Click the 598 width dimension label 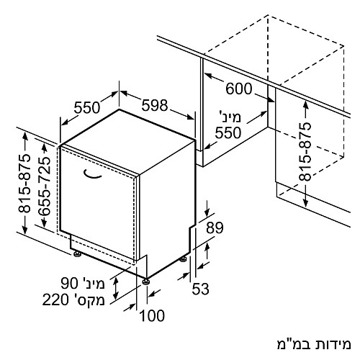155,105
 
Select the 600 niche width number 239,89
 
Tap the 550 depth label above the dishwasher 86,107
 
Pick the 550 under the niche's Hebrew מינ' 228,132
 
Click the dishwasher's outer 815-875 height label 24,184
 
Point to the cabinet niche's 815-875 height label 305,152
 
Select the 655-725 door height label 45,186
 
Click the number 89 215,228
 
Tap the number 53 200,289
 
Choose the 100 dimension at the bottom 152,315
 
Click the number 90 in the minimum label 70,283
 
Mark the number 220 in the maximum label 55,300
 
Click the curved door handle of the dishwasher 92,174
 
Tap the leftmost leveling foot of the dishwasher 77,253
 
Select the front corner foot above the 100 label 145,282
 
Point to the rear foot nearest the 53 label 184,259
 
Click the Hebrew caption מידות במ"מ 314,344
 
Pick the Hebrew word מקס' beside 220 89,300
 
